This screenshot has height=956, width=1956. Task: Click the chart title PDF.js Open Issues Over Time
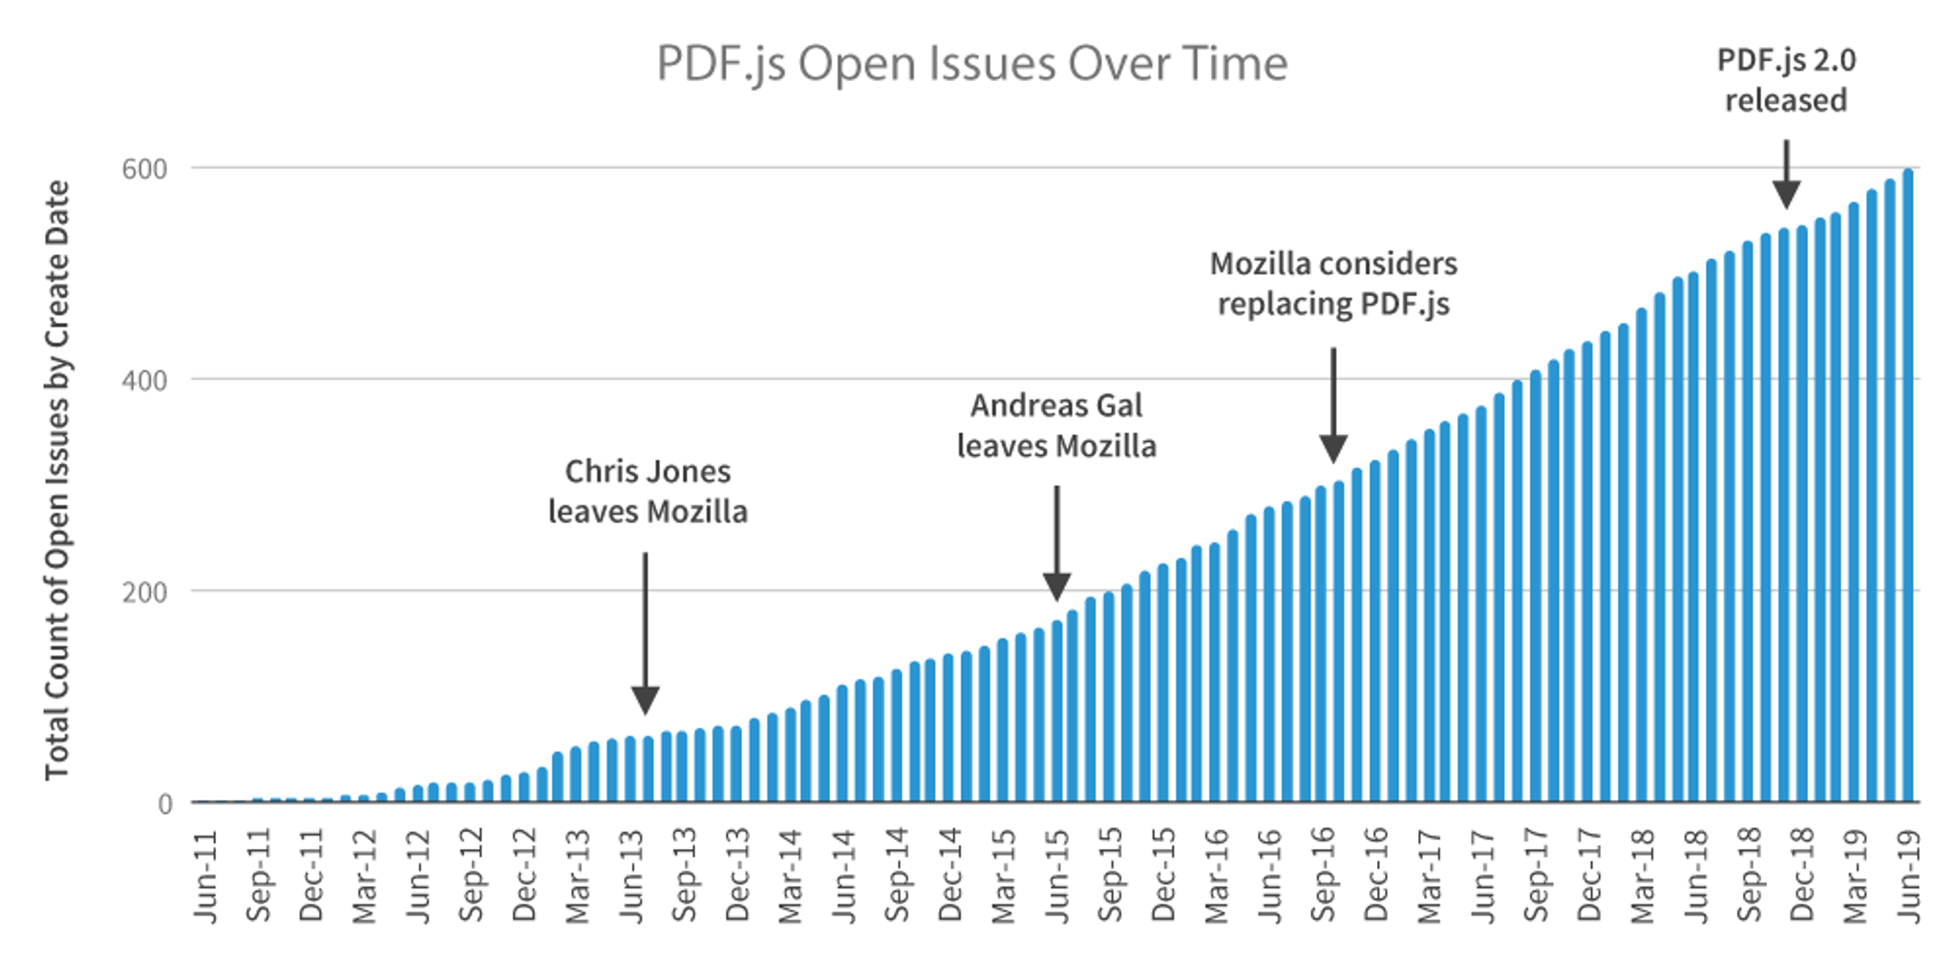pos(971,64)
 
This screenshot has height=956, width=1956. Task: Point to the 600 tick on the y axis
pos(144,169)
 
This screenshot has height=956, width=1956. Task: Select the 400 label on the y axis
pos(144,381)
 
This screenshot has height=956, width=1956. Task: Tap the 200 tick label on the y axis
pos(144,592)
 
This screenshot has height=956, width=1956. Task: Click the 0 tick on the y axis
pos(165,804)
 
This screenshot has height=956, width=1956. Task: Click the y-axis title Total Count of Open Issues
pos(57,479)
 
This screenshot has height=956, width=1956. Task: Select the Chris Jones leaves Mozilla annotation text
pos(648,491)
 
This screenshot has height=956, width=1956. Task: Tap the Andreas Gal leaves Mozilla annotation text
pos(1056,425)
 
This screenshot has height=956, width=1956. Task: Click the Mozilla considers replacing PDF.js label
pos(1333,284)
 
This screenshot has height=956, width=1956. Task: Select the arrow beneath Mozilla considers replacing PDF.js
pos(1333,405)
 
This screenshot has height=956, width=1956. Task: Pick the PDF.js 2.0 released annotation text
pos(1785,80)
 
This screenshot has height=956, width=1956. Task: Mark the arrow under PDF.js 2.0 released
pos(1786,174)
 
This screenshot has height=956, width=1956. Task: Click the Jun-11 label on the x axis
pos(206,876)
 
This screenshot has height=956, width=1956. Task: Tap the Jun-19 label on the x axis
pos(1908,876)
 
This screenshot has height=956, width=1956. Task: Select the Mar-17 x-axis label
pos(1429,876)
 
